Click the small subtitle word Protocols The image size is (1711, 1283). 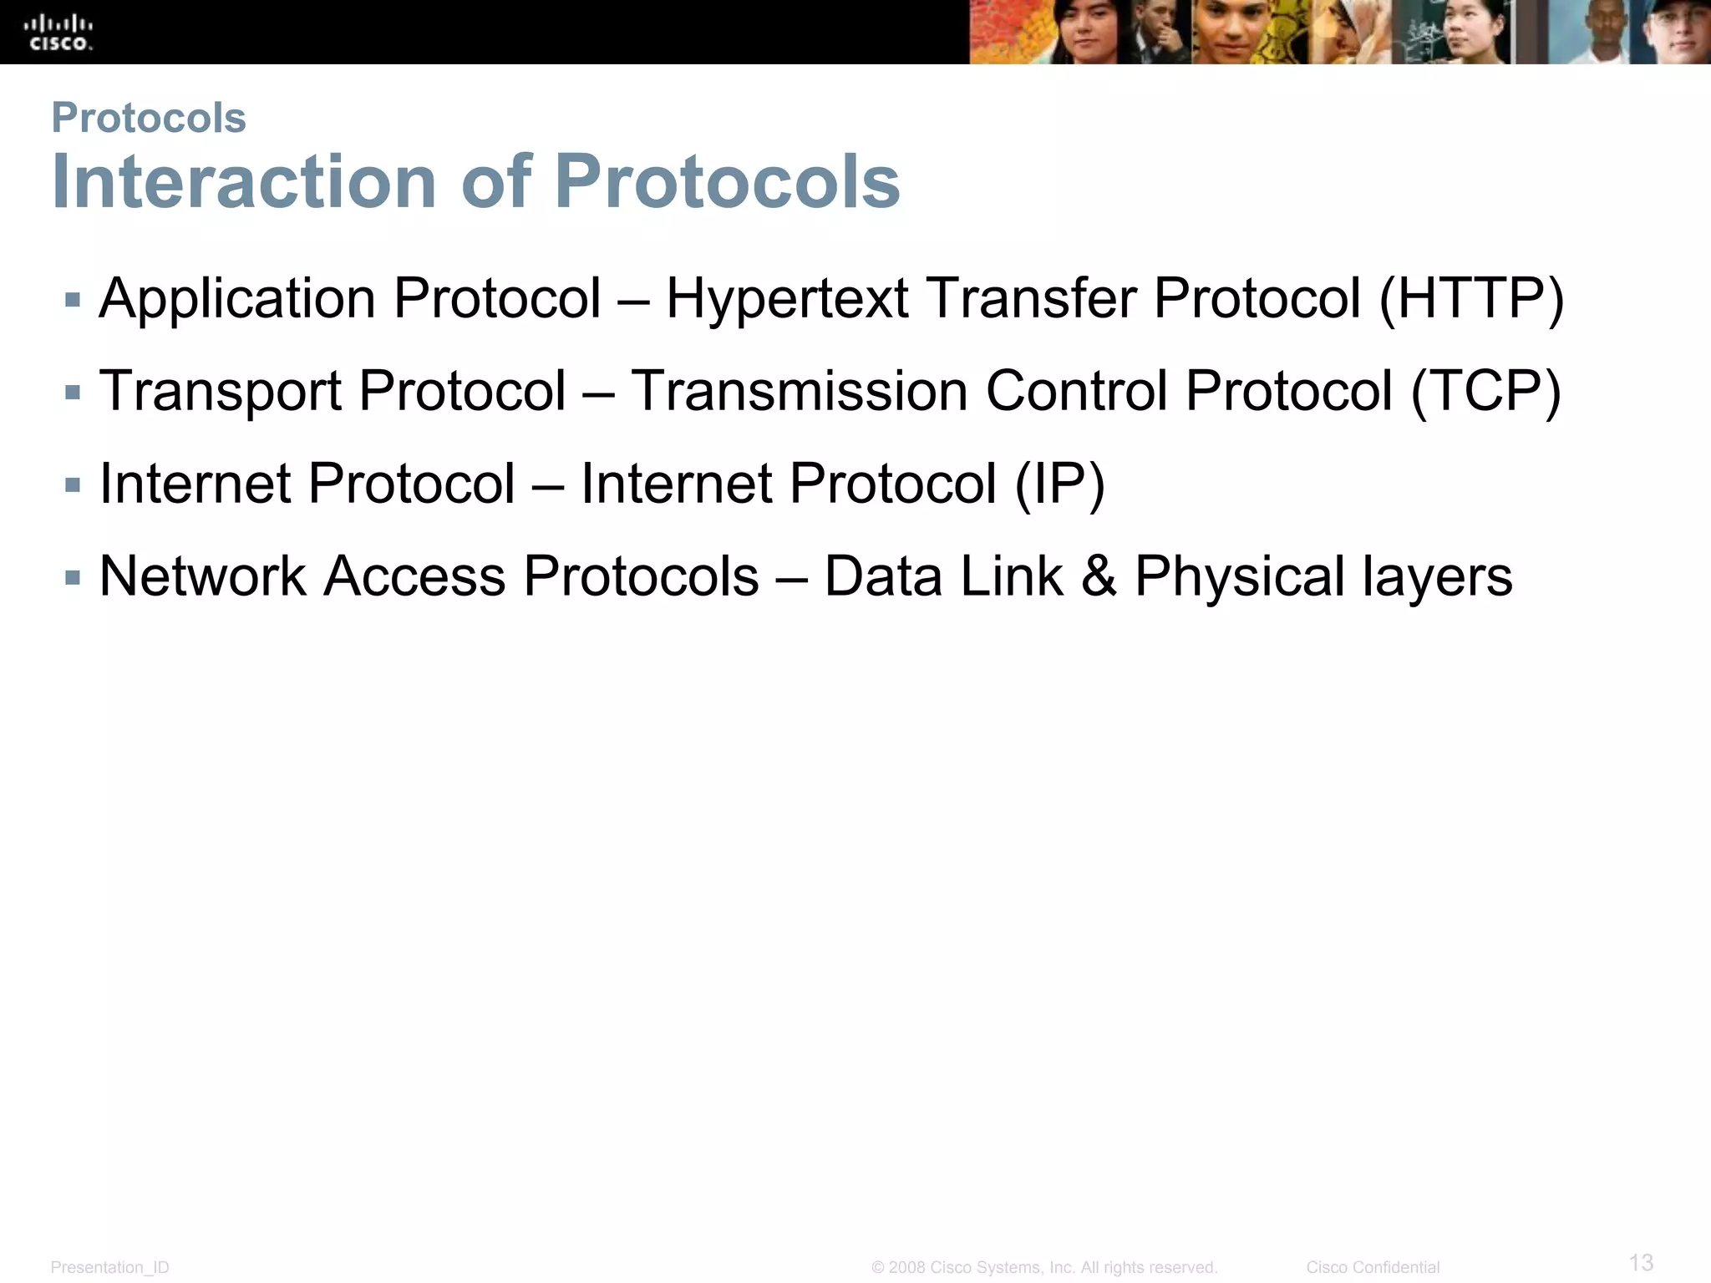tap(149, 118)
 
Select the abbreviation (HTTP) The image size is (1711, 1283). tap(1471, 299)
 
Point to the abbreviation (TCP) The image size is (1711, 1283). tap(1485, 392)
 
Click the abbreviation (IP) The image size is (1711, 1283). tap(1059, 484)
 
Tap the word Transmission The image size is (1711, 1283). tap(799, 391)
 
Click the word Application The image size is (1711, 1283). tap(237, 299)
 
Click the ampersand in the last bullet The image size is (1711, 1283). tap(1099, 576)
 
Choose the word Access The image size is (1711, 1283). tap(414, 576)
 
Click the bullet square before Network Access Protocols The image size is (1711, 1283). tap(73, 577)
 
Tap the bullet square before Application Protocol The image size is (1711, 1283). tap(73, 299)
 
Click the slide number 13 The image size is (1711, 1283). tap(1641, 1262)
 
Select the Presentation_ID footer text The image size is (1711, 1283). tap(109, 1267)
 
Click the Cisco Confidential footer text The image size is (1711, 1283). tap(1373, 1267)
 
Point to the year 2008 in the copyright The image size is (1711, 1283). tap(906, 1267)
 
